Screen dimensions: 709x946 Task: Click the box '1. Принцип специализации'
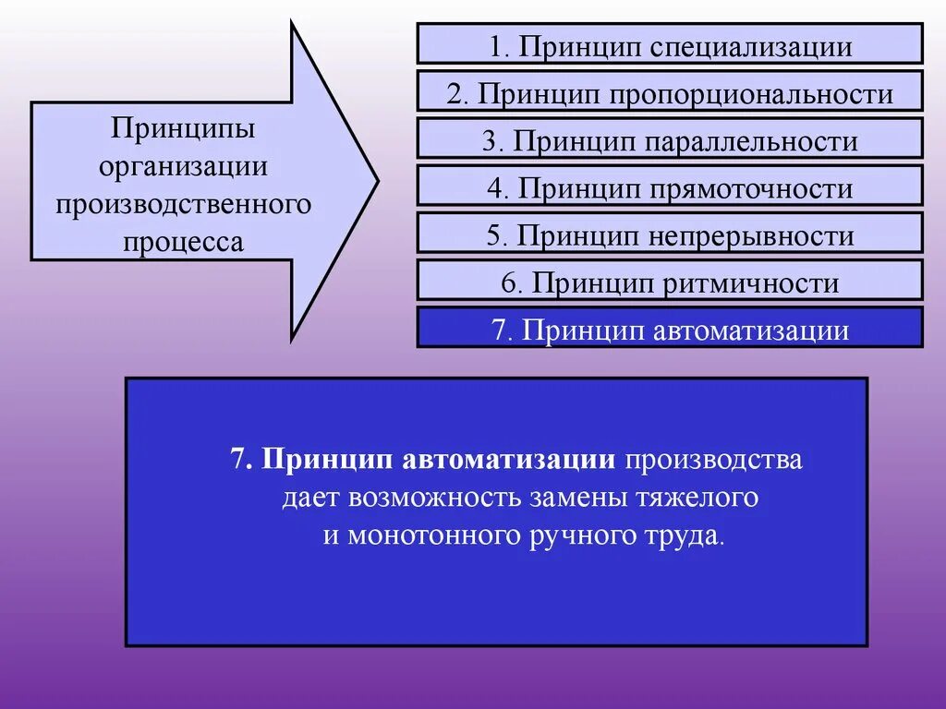tap(670, 44)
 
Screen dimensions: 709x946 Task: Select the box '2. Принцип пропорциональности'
tap(670, 91)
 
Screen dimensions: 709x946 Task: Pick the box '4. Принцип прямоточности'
tap(670, 186)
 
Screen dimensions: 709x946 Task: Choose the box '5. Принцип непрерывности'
tap(670, 234)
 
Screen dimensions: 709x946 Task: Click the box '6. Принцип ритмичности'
tap(670, 281)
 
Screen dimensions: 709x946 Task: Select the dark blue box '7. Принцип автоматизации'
tap(670, 328)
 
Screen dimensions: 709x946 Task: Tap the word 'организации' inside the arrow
tap(183, 166)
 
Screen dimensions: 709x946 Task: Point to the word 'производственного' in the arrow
tap(183, 204)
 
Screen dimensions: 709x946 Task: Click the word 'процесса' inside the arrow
tap(183, 242)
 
